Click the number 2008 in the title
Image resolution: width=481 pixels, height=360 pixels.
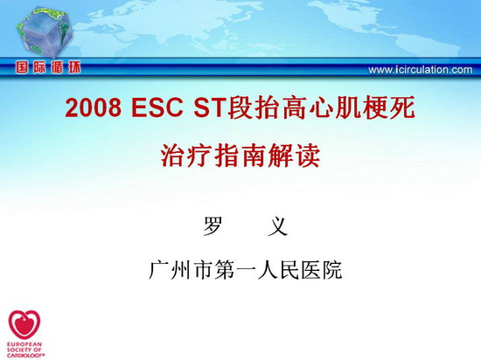[x=94, y=107]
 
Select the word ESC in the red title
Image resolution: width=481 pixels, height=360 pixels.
[x=157, y=107]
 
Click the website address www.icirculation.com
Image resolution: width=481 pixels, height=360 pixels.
[x=421, y=70]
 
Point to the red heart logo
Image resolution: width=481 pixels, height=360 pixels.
[x=24, y=324]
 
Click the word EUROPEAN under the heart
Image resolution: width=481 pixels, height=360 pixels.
[x=24, y=344]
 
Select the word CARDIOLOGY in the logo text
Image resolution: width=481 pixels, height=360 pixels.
[x=25, y=356]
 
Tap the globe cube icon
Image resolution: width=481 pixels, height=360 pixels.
[x=44, y=32]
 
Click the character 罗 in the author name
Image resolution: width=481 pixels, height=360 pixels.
[x=212, y=226]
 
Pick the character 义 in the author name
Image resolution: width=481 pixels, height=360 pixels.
[x=277, y=226]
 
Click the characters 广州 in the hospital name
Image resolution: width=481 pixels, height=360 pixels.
[x=170, y=270]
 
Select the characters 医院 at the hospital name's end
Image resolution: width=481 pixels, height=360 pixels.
[x=322, y=270]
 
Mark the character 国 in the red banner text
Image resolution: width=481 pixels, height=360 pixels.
[x=22, y=67]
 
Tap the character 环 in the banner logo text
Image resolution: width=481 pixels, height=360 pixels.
[x=74, y=67]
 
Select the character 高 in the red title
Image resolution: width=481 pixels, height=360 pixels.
[x=294, y=107]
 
